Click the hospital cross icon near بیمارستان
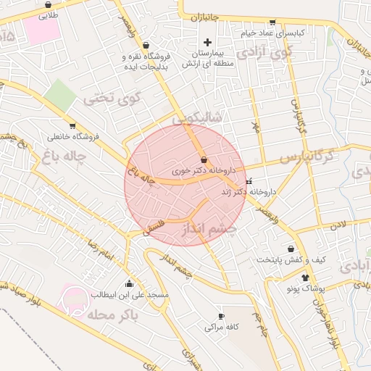pyautogui.click(x=208, y=41)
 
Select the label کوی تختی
pyautogui.click(x=112, y=98)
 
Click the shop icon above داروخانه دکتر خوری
pyautogui.click(x=203, y=159)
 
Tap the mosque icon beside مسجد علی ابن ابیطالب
pyautogui.click(x=130, y=283)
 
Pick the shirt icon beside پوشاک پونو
pyautogui.click(x=304, y=277)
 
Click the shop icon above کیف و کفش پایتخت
pyautogui.click(x=291, y=249)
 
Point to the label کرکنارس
pyautogui.click(x=307, y=156)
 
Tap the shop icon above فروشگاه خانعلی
pyautogui.click(x=72, y=125)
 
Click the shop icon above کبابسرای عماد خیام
pyautogui.click(x=272, y=22)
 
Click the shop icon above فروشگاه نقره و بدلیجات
pyautogui.click(x=146, y=44)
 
